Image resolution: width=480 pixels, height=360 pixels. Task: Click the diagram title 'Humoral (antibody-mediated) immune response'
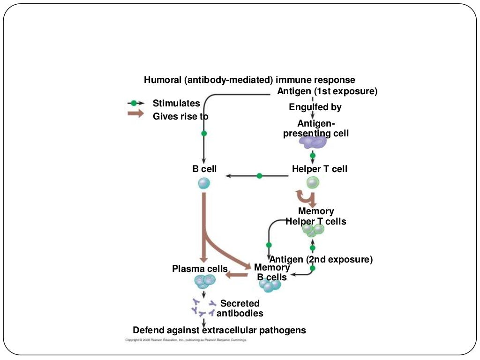[x=249, y=80]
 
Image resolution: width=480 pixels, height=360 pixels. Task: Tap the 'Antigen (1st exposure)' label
[x=327, y=91]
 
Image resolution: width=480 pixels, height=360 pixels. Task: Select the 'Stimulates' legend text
[x=176, y=103]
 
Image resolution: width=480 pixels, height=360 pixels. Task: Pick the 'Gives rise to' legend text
[x=180, y=116]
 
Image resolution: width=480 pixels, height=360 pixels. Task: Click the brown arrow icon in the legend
[x=135, y=114]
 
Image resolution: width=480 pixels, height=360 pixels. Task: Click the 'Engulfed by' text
[x=315, y=107]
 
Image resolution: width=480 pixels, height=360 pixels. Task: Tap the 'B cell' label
[x=204, y=169]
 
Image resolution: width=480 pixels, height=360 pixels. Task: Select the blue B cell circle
[x=204, y=183]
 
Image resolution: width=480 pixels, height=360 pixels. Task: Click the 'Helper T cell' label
[x=320, y=169]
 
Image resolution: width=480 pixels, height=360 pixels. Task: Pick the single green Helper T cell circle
[x=313, y=182]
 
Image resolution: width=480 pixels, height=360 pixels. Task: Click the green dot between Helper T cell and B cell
[x=259, y=176]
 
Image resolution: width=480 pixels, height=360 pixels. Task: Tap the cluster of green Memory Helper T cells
[x=313, y=229]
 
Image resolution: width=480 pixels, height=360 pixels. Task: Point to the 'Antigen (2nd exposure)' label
[x=321, y=259]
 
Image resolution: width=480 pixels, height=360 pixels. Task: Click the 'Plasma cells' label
[x=200, y=269]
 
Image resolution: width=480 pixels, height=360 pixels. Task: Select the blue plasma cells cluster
[x=204, y=281]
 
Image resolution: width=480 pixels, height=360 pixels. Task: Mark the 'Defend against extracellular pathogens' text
[x=219, y=330]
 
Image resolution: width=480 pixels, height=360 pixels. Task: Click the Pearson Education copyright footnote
[x=186, y=340]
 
